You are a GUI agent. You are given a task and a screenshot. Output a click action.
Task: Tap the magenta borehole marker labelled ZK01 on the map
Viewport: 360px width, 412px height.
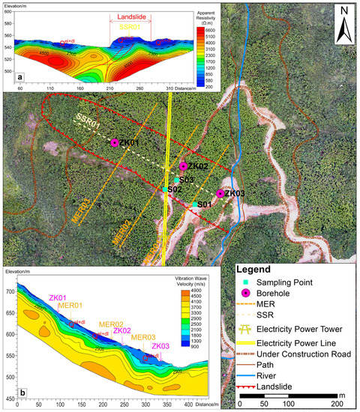coord(115,142)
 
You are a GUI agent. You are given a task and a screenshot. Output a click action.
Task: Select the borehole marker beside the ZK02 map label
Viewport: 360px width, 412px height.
coord(183,166)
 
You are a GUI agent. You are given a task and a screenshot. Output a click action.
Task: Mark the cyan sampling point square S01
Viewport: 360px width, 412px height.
coord(196,204)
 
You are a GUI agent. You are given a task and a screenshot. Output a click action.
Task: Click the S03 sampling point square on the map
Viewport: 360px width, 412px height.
coord(178,181)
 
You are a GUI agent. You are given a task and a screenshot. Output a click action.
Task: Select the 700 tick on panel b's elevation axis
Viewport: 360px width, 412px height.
coord(10,291)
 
